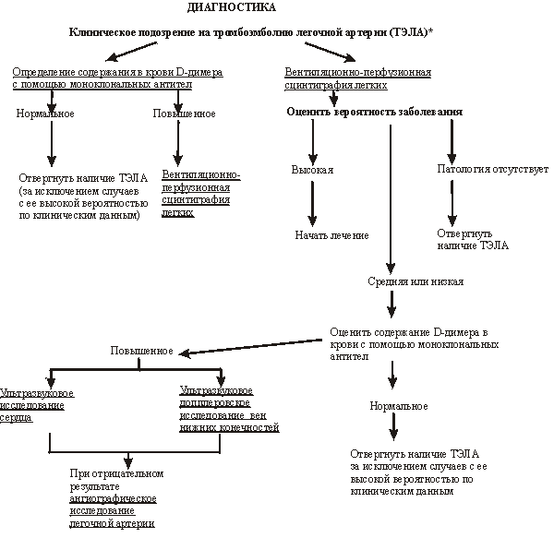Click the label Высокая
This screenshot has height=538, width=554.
312,171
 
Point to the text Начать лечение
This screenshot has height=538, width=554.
332,235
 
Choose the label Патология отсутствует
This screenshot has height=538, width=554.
492,170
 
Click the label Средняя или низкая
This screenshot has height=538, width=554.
415,281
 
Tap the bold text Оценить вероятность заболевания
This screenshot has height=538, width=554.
374,112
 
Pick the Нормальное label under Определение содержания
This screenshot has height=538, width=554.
45,114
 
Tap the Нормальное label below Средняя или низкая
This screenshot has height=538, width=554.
398,406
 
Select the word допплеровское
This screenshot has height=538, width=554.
213,404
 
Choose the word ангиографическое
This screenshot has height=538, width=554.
113,498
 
